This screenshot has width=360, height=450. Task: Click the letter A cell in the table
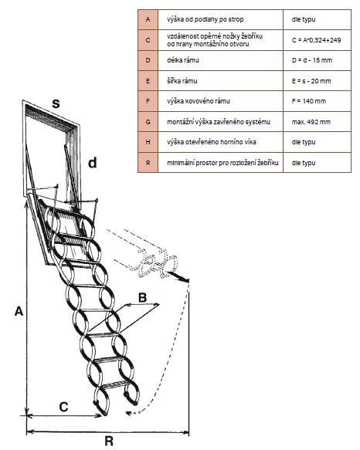pos(148,19)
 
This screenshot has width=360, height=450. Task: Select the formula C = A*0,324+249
pos(316,40)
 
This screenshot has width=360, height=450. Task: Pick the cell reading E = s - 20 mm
pos(311,81)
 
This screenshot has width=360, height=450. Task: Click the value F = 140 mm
pos(309,101)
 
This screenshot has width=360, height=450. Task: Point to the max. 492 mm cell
pos(311,122)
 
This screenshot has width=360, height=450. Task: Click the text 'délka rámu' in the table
pos(183,60)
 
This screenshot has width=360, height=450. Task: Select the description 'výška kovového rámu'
pos(199,101)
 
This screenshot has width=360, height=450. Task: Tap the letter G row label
pos(148,122)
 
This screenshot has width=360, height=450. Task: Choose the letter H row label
pos(148,142)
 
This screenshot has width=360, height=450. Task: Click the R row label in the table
pos(148,163)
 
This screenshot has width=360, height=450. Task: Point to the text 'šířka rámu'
pos(182,81)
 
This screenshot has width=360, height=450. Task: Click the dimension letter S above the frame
pos(56,103)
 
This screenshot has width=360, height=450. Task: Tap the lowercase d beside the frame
pos(92,163)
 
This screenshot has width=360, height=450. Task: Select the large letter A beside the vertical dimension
pos(19,311)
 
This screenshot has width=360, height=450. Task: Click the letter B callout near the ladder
pos(142,298)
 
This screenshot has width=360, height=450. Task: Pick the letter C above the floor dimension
pos(63,407)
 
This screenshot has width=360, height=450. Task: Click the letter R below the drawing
pos(109,441)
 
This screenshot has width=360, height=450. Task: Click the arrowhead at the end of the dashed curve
pos(128,413)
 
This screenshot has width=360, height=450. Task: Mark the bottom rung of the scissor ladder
pos(114,384)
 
